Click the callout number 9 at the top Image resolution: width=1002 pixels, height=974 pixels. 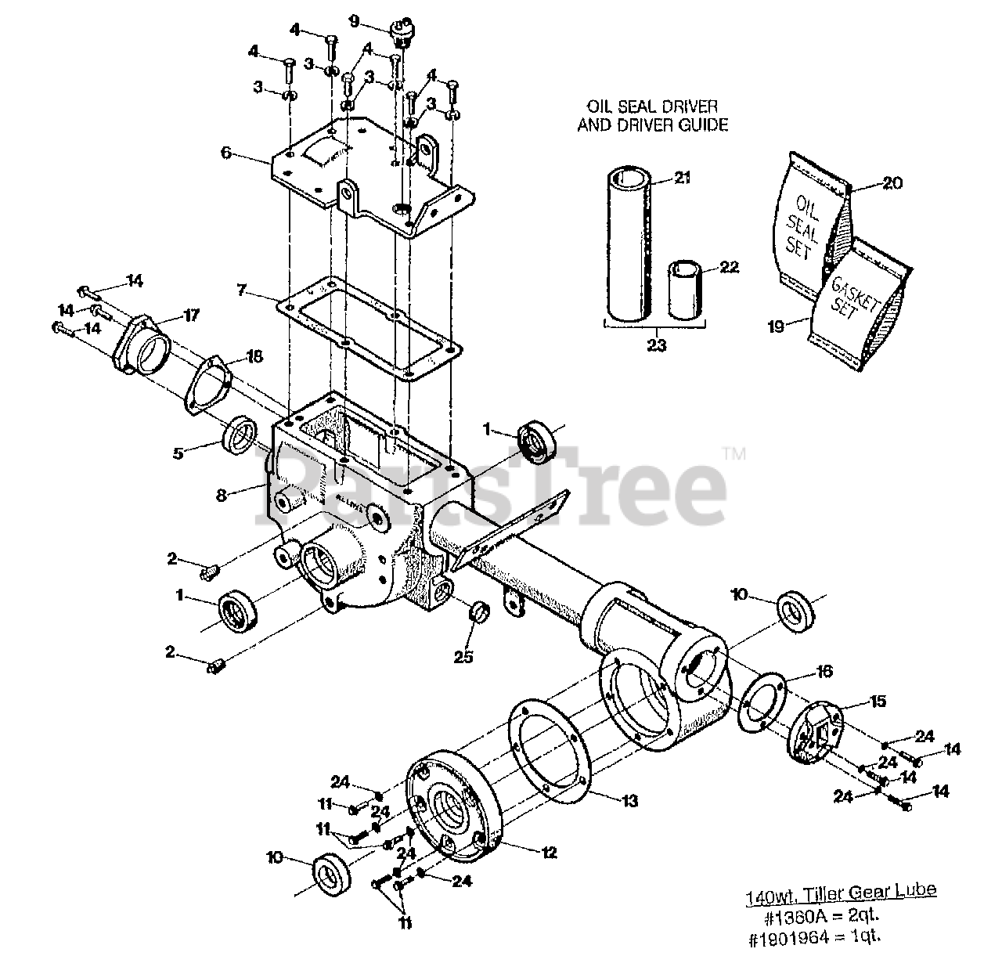[355, 21]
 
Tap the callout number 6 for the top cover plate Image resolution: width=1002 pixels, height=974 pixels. [226, 153]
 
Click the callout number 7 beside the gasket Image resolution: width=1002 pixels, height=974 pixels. [243, 292]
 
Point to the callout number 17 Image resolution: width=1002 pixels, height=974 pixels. [192, 316]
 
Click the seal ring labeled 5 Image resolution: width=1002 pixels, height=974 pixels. [240, 435]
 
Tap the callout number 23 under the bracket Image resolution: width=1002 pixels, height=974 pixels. [656, 345]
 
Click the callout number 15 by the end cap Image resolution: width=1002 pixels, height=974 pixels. [878, 702]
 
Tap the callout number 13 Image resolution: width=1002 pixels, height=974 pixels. [630, 801]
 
